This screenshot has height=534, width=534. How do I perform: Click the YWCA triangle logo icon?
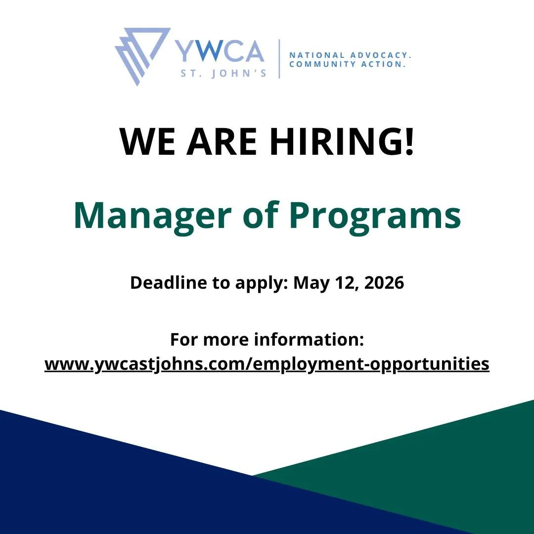click(x=141, y=54)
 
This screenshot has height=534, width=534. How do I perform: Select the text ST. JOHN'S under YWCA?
click(x=224, y=73)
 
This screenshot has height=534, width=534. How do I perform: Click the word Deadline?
click(x=166, y=283)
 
